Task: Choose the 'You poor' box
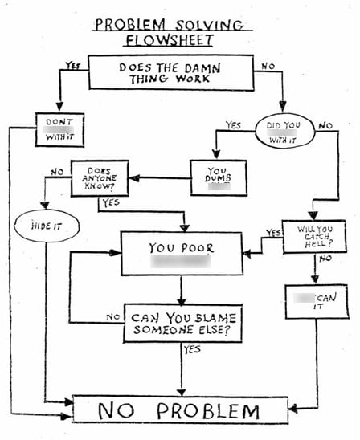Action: [x=180, y=254]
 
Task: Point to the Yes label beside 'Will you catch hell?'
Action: [x=274, y=233]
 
